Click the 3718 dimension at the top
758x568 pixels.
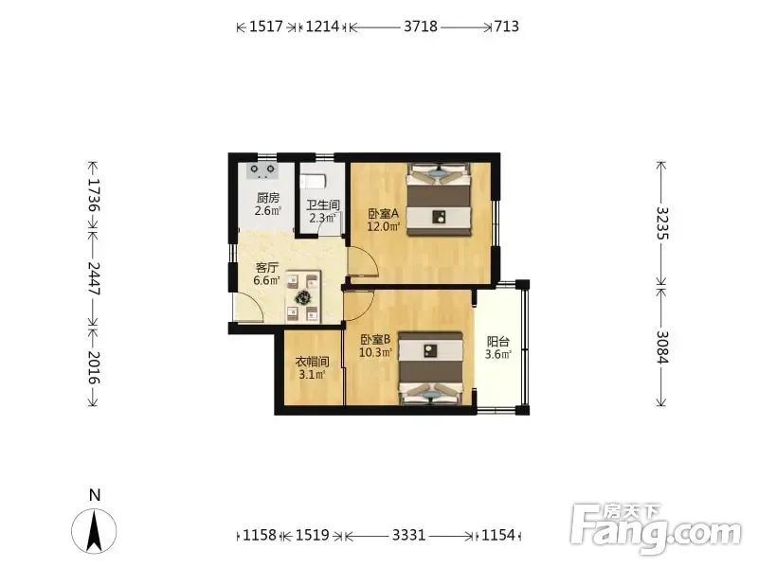tap(421, 27)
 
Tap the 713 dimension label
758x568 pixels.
tap(507, 27)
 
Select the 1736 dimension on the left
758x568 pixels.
tap(94, 195)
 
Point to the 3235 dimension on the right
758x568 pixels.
tap(661, 222)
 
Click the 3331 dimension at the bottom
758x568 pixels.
tap(409, 535)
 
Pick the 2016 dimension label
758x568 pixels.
tap(94, 367)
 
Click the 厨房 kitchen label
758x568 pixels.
tap(268, 198)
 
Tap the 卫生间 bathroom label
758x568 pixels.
tap(323, 205)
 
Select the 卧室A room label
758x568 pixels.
tap(383, 214)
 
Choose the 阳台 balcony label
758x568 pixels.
tap(498, 342)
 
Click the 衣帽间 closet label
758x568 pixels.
tap(313, 362)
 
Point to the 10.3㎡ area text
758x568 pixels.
tap(375, 352)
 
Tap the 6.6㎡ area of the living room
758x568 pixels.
tap(267, 280)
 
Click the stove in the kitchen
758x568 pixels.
tap(262, 171)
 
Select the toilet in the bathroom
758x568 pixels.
tap(313, 182)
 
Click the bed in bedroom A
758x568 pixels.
tap(439, 199)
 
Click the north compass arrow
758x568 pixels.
tap(94, 532)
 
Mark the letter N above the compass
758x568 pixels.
tap(95, 495)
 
